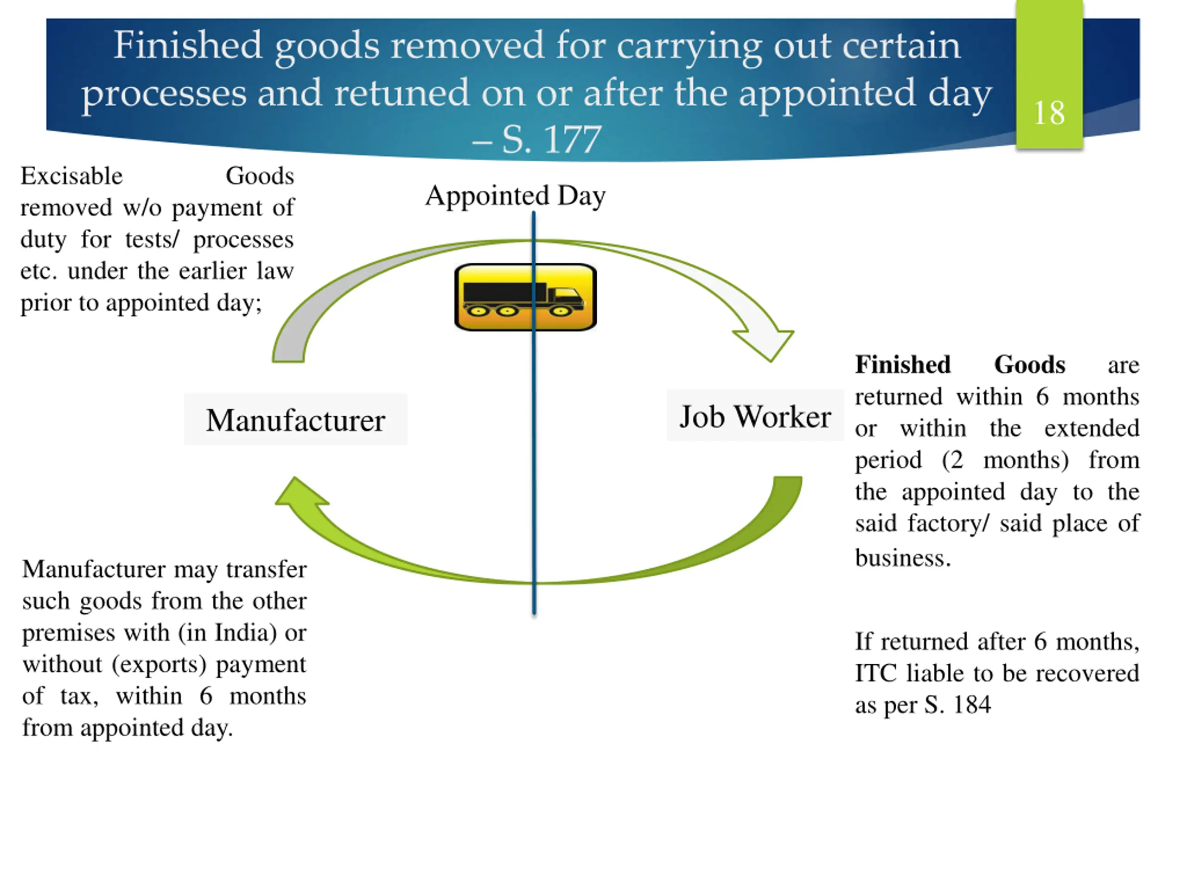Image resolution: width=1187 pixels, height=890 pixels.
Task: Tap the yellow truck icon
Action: pos(525,297)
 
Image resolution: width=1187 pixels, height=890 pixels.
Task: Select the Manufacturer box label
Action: pos(295,420)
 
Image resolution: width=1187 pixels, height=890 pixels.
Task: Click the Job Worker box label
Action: pos(754,416)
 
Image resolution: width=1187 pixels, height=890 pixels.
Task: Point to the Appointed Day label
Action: pos(515,195)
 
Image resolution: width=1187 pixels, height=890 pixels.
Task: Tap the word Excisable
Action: pos(71,176)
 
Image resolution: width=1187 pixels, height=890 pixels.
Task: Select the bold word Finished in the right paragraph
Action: pos(903,365)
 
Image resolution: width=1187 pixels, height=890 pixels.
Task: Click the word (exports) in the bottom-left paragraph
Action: pos(160,665)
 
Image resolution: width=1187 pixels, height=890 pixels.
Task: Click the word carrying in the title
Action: pos(689,46)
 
